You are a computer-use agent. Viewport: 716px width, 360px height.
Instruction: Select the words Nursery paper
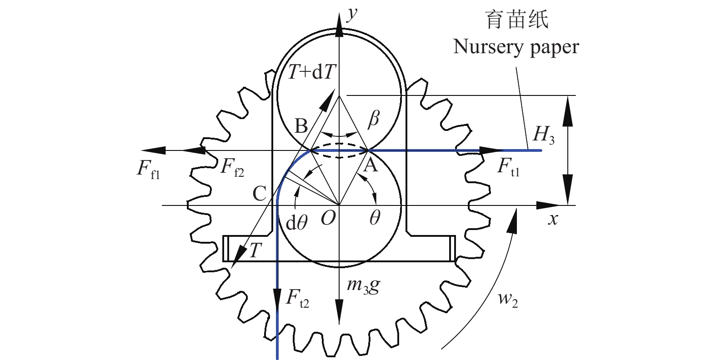coord(516,47)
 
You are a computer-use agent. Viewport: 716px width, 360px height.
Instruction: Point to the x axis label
coord(553,220)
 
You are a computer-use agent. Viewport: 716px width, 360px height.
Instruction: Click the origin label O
coord(328,219)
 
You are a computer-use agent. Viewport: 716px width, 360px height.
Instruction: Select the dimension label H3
coord(543,135)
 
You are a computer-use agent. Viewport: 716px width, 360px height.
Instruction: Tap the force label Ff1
coord(149,169)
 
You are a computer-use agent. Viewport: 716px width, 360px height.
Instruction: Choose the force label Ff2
coord(232,167)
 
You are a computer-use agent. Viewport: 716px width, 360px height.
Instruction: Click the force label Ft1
coord(508,166)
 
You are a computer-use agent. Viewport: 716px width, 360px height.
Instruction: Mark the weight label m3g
coord(363,285)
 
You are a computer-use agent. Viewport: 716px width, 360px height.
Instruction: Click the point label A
coord(371,165)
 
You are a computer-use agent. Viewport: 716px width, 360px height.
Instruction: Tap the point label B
coord(301,126)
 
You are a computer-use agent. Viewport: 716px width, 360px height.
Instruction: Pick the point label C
coord(259,194)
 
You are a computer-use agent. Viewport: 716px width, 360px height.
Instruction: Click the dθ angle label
coord(296,223)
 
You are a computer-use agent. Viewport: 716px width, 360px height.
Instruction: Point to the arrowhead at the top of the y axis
coord(339,25)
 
